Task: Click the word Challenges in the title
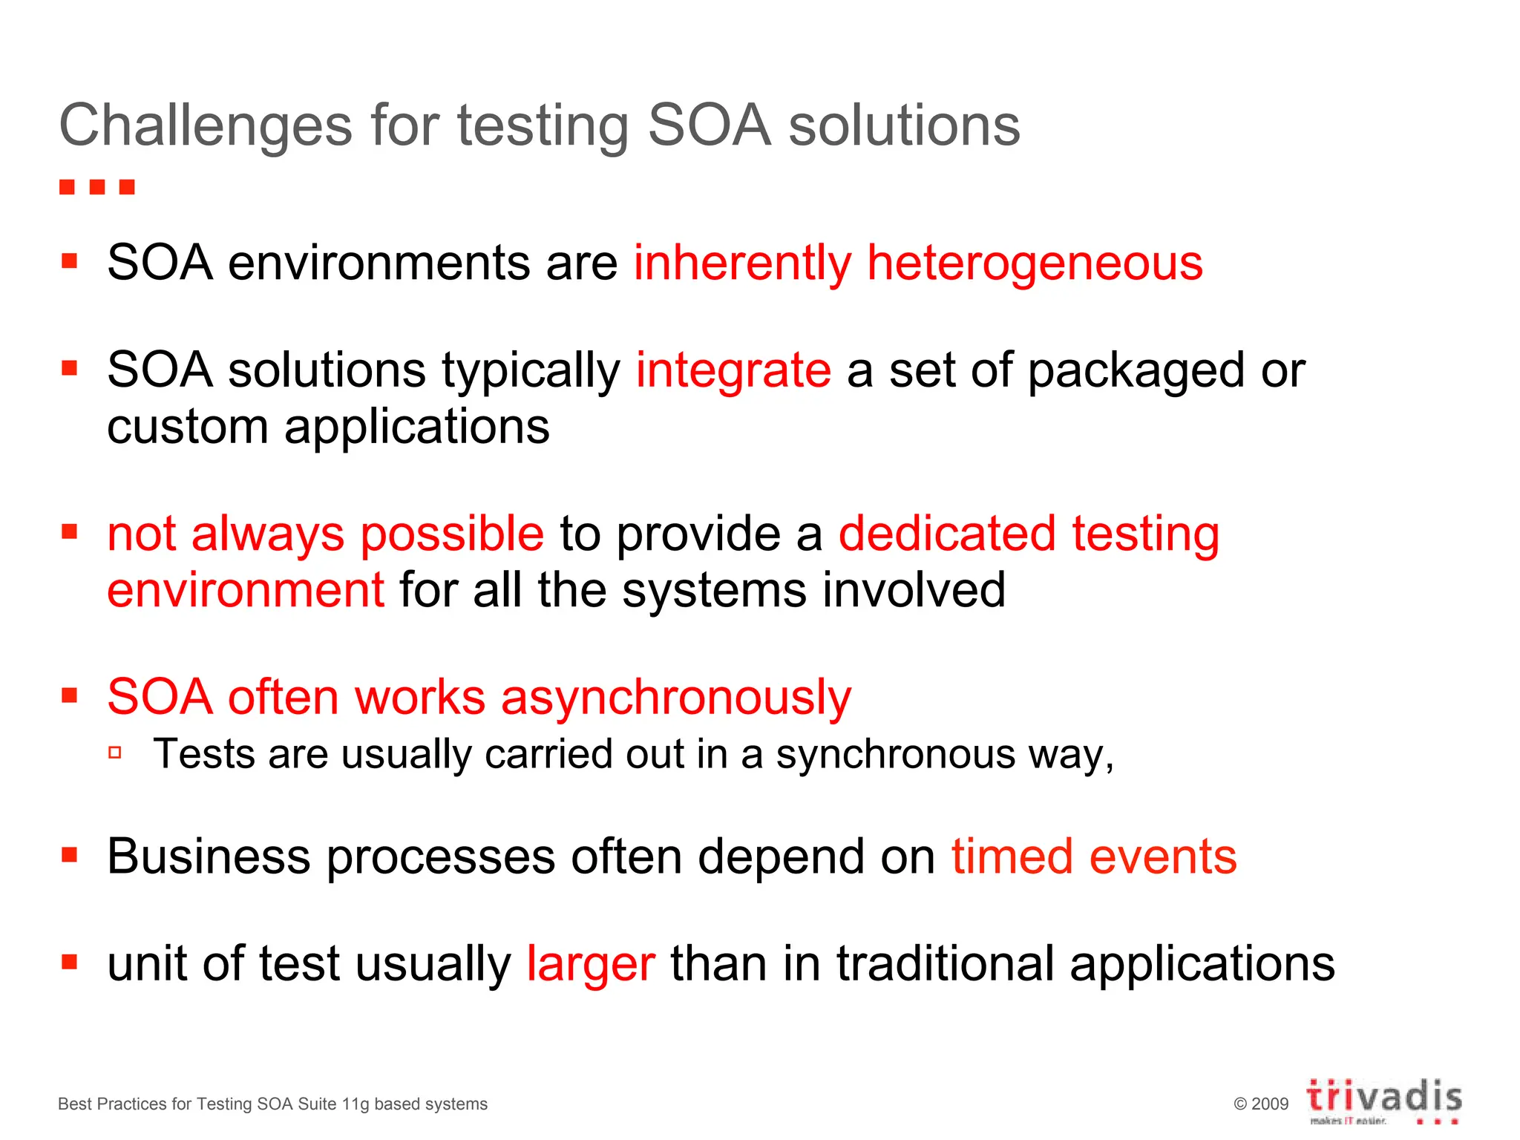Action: click(x=205, y=126)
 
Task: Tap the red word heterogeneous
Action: click(x=1035, y=263)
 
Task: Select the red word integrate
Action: click(x=733, y=370)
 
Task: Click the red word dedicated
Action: click(x=947, y=534)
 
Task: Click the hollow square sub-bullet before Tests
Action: click(x=115, y=753)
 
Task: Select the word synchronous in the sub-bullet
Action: click(x=895, y=755)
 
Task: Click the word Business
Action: click(x=209, y=856)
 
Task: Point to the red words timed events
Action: click(x=1094, y=856)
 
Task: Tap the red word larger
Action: click(x=591, y=965)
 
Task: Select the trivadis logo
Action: click(x=1384, y=1101)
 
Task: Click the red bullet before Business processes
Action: click(x=70, y=856)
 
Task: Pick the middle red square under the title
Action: click(x=97, y=186)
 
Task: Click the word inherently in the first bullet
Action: click(x=742, y=263)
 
